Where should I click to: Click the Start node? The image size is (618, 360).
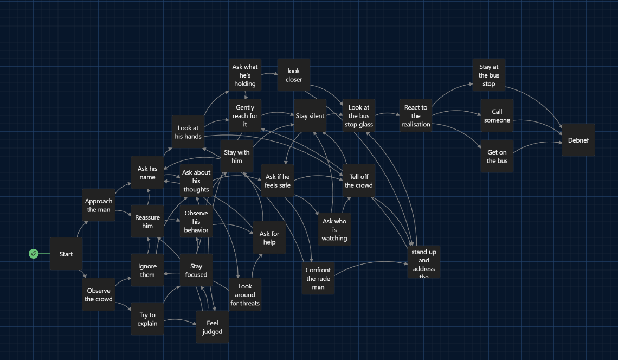66,254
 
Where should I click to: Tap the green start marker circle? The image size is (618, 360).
34,254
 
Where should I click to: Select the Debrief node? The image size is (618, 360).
578,140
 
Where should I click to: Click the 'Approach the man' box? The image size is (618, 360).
99,205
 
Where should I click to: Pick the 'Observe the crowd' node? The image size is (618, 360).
99,294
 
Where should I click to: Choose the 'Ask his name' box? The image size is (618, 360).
147,173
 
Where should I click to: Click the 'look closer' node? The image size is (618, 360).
294,75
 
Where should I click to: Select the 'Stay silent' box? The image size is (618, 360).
310,115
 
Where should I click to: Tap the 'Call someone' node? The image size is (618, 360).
497,115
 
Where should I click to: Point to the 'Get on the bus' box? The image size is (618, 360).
497,156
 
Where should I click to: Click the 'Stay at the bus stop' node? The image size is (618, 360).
489,75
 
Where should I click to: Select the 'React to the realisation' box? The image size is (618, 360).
415,115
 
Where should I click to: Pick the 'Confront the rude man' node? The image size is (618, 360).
318,278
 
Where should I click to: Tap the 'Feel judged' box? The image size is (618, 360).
212,327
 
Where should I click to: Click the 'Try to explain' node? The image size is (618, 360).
147,319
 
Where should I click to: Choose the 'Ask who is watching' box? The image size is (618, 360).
334,229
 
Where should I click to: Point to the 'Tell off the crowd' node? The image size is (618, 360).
359,181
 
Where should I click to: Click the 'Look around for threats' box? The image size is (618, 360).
244,294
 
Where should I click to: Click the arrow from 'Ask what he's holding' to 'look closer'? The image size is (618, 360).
269,73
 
